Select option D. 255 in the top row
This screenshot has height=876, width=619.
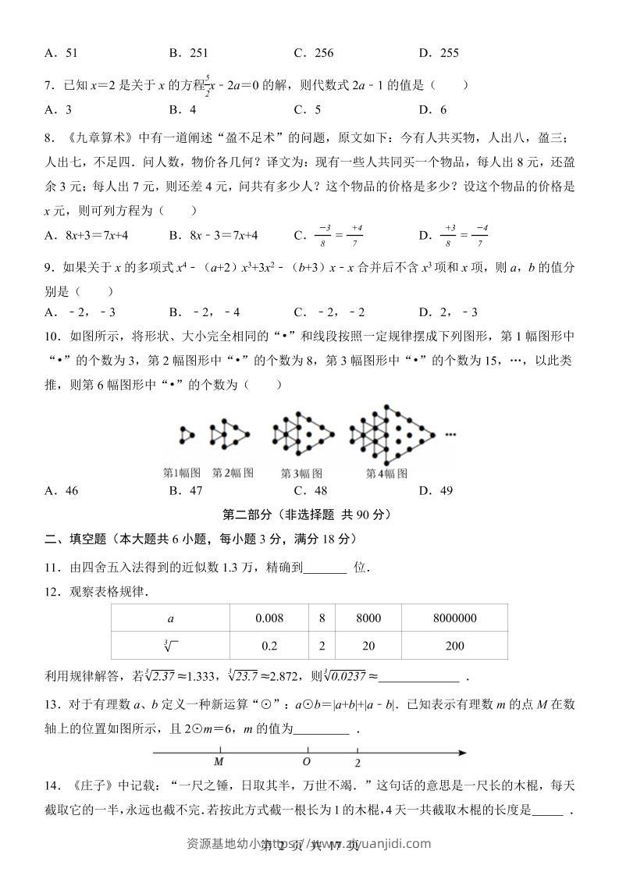pos(438,53)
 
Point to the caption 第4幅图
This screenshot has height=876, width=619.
pos(386,473)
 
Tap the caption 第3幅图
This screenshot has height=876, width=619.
pos(301,473)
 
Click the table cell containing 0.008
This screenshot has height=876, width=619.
pos(269,618)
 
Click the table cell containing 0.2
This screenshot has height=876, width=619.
pos(269,646)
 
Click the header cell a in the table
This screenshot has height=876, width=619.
pos(170,618)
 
